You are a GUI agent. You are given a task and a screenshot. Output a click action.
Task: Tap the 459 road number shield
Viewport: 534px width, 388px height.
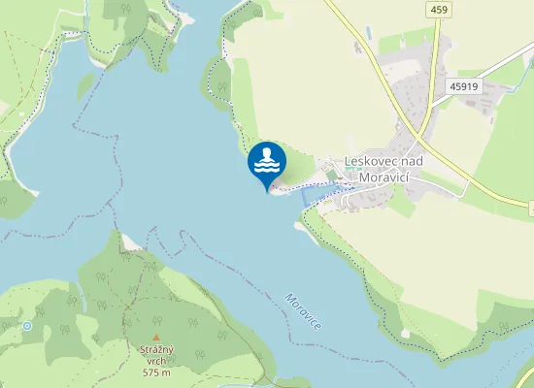pyautogui.click(x=438, y=9)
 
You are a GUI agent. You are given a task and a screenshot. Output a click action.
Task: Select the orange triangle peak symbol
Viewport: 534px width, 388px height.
pyautogui.click(x=155, y=337)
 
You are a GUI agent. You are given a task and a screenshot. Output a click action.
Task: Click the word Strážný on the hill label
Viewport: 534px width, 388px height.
pyautogui.click(x=156, y=349)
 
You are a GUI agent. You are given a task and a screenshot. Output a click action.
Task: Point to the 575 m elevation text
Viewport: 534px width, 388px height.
pyautogui.click(x=156, y=372)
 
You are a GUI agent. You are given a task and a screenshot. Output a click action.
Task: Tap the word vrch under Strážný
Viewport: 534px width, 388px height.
pyautogui.click(x=156, y=361)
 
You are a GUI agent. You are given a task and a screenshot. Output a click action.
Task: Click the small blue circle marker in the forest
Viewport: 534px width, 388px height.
pyautogui.click(x=27, y=326)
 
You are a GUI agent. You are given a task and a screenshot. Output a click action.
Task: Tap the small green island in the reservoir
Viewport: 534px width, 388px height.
pyautogui.click(x=85, y=85)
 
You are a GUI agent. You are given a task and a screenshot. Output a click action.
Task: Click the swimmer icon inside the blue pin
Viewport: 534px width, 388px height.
pyautogui.click(x=267, y=156)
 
